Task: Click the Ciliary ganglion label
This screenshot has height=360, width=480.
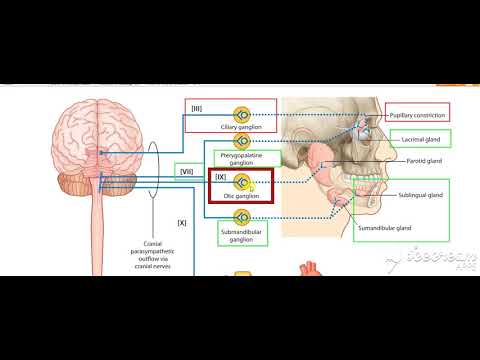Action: tap(241, 128)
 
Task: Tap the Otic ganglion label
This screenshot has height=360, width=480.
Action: tap(241, 196)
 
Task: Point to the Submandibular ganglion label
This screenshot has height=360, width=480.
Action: tap(241, 238)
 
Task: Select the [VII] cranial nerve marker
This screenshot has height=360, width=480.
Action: tap(185, 171)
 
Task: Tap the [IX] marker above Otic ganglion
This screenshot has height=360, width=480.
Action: tap(221, 177)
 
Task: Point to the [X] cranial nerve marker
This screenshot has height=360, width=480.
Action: tap(182, 221)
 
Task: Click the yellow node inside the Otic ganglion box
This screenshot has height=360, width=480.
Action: tap(241, 183)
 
